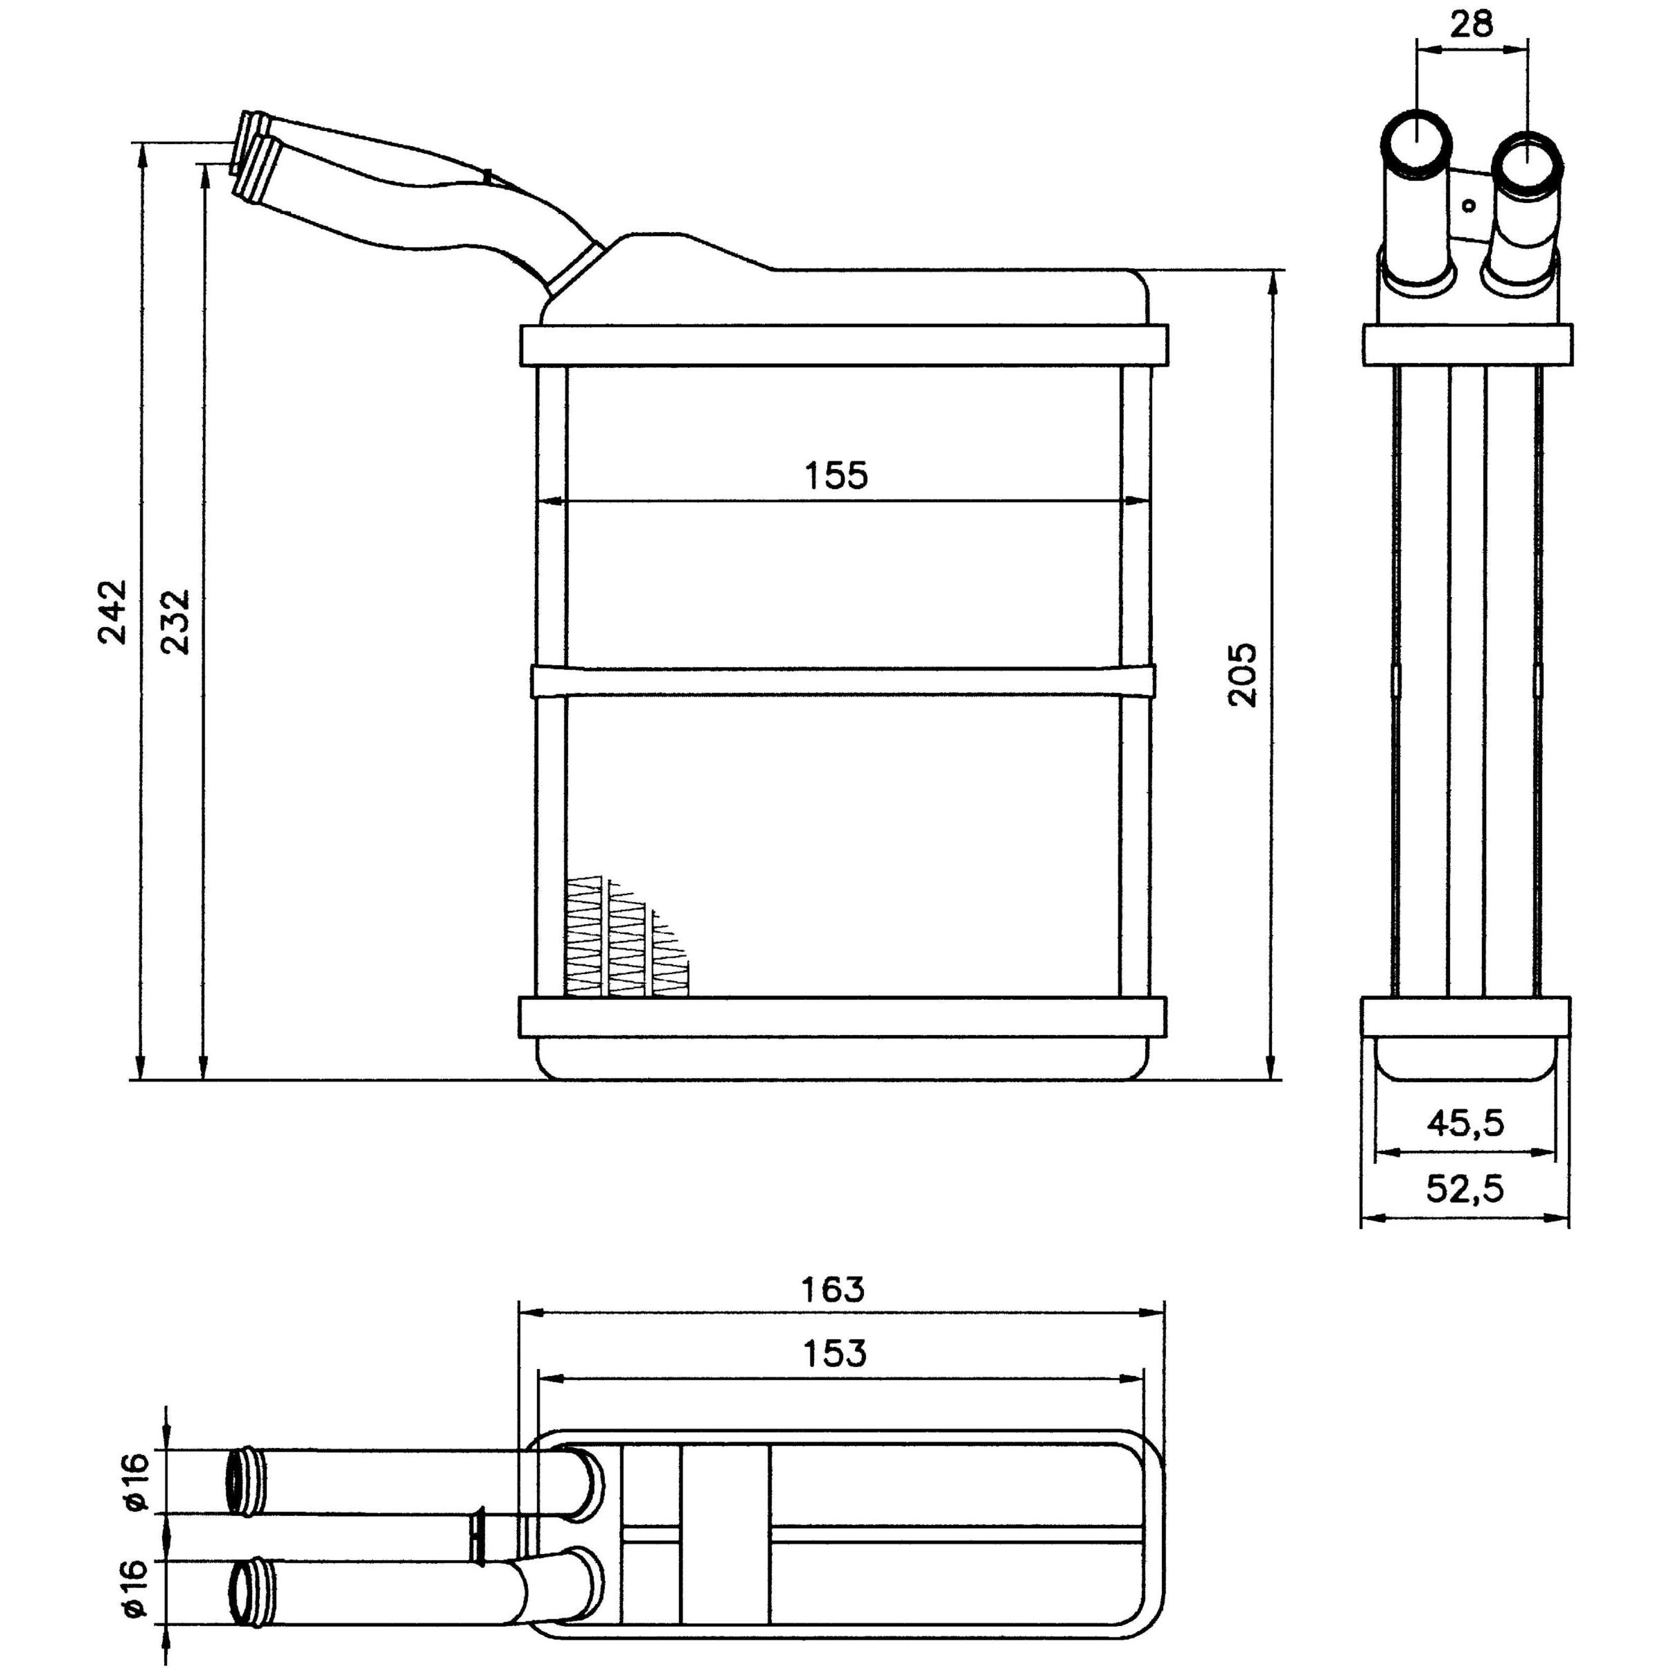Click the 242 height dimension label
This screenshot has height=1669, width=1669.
[112, 612]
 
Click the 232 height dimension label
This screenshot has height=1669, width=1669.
[175, 622]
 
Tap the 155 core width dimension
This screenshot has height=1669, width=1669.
[836, 476]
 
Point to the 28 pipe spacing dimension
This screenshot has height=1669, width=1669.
[1471, 24]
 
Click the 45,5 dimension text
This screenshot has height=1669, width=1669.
[1465, 1122]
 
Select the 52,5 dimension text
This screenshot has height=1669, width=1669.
[1465, 1189]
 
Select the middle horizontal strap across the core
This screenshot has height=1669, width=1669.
[842, 681]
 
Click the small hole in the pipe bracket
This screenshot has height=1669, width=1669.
[1469, 205]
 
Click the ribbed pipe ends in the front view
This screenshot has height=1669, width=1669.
[252, 157]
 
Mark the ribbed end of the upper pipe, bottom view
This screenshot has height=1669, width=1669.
[245, 1481]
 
